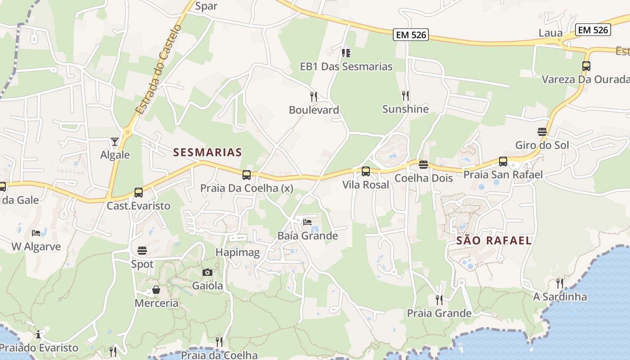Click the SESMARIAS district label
207,152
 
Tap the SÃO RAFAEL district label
494,240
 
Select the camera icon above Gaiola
207,272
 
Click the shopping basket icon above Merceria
156,289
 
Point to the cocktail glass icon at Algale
115,142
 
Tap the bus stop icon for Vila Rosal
366,171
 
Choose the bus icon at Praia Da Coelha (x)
247,175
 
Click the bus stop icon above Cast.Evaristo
139,193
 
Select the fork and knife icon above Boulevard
314,96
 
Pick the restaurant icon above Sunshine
405,95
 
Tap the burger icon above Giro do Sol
542,132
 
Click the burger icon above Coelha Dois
423,165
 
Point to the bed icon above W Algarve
36,233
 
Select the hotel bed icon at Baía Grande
307,222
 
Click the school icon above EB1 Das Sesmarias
346,53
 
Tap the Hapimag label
238,252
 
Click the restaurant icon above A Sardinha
560,283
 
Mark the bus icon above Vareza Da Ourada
586,66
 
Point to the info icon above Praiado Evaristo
39,334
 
